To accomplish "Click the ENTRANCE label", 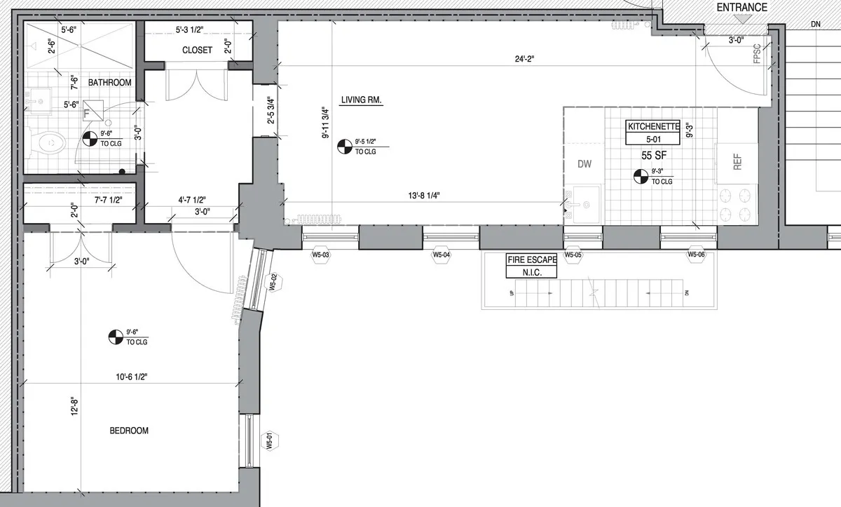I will coord(741,8).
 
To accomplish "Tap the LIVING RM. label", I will coord(361,100).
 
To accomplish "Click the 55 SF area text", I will coord(653,154).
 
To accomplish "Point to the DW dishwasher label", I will coord(584,164).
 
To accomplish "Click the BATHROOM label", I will coord(109,83).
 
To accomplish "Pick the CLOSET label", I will coord(197,50).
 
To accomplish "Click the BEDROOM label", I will coord(129,431).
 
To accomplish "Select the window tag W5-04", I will coord(441,255).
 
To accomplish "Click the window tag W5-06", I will coord(696,255).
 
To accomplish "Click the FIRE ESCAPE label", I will coord(532,259).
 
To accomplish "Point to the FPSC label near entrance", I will coord(757,55).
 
